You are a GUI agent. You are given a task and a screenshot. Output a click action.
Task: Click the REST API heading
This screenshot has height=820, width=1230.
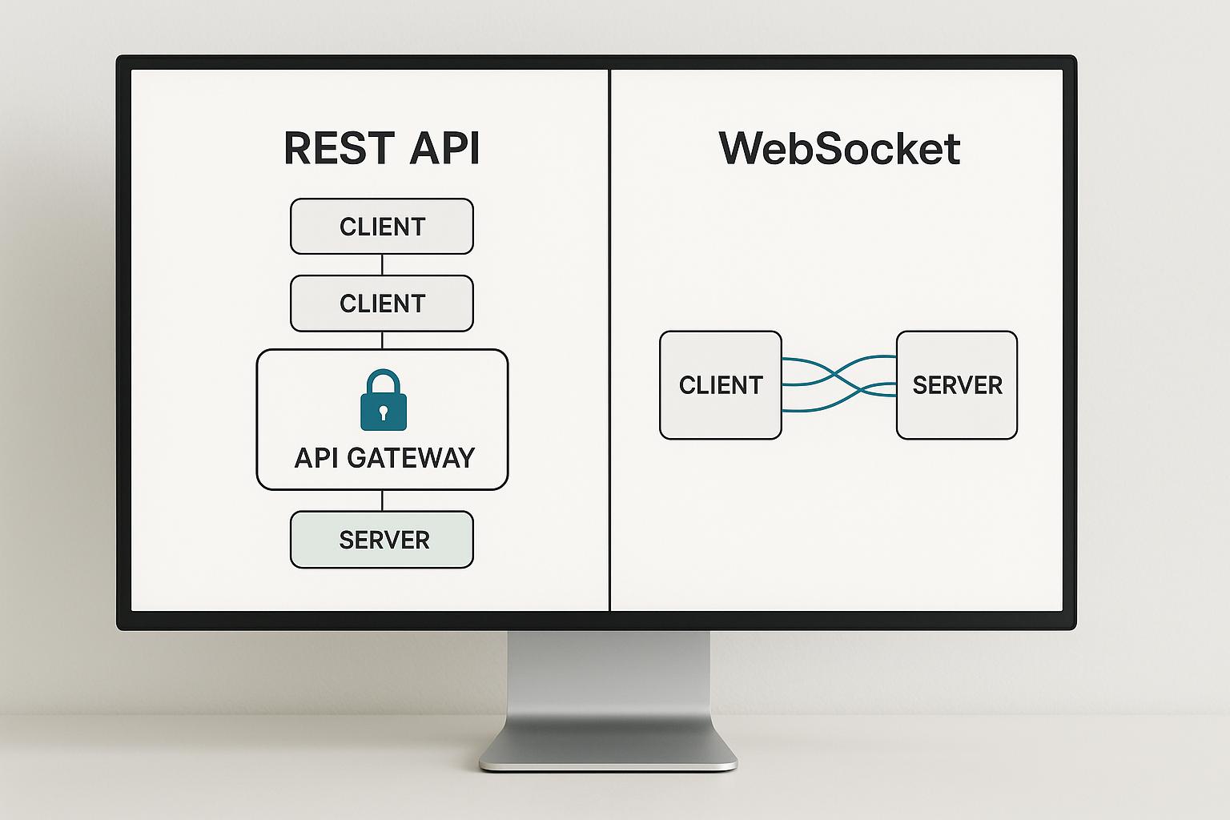tap(382, 149)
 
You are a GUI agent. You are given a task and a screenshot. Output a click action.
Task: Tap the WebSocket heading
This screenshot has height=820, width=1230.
tap(839, 149)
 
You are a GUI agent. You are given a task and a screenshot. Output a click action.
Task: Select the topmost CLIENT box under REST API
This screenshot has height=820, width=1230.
tap(382, 227)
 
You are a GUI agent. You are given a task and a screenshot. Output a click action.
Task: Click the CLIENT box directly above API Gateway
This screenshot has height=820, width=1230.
tap(382, 303)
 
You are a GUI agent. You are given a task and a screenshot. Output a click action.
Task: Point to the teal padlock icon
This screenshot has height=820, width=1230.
tap(384, 402)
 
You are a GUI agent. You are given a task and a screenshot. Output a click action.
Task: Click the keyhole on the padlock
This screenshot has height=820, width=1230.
tap(384, 412)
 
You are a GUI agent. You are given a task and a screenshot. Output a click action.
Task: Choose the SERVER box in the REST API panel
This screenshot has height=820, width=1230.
tap(382, 540)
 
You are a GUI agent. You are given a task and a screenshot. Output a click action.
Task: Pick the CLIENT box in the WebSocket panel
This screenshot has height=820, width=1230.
tap(720, 385)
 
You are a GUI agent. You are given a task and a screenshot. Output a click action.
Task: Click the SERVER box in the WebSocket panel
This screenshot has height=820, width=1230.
tap(957, 385)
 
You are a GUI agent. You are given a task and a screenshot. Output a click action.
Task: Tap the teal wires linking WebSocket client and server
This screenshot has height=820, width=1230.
tap(838, 384)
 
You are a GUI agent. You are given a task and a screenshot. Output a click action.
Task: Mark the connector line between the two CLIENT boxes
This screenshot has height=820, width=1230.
tap(382, 265)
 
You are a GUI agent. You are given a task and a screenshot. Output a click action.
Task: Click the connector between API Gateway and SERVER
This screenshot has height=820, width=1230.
tap(382, 500)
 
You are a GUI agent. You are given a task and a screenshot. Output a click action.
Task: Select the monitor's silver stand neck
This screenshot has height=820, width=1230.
tap(609, 681)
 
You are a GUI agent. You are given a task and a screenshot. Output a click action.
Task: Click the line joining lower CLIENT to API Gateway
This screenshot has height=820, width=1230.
tap(382, 340)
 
